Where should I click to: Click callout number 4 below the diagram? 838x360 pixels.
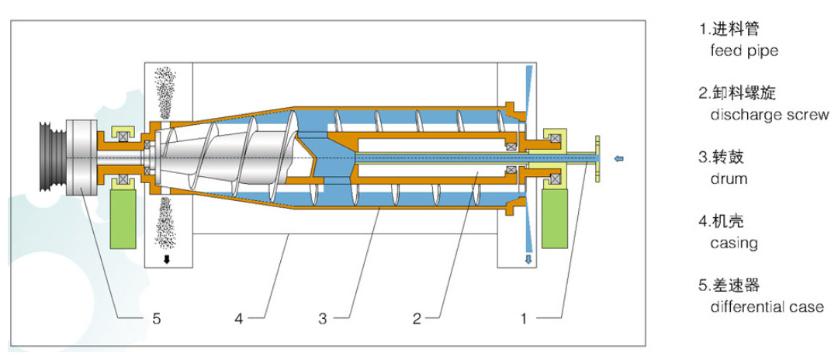click(240, 317)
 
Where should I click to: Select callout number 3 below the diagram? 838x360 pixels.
click(322, 317)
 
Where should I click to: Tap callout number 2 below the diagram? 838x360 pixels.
click(417, 317)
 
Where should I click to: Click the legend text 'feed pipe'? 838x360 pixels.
click(743, 51)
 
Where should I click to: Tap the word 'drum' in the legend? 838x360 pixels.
click(729, 178)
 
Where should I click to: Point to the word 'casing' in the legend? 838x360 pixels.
click(733, 243)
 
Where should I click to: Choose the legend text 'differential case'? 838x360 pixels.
click(767, 306)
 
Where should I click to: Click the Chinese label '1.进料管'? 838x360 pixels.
click(729, 30)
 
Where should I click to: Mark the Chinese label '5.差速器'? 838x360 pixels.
click(729, 286)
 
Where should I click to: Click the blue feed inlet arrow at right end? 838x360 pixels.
click(618, 160)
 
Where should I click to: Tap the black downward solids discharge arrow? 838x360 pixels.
click(165, 259)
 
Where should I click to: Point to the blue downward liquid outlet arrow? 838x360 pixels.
click(528, 258)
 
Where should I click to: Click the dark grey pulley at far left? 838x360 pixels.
click(54, 158)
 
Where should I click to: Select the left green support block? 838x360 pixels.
click(123, 219)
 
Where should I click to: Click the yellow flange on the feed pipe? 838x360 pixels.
click(598, 159)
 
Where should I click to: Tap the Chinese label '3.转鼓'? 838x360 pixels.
click(722, 157)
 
